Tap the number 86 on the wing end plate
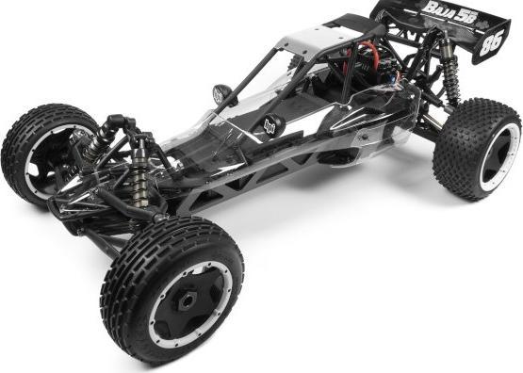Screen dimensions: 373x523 [x=491, y=42]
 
